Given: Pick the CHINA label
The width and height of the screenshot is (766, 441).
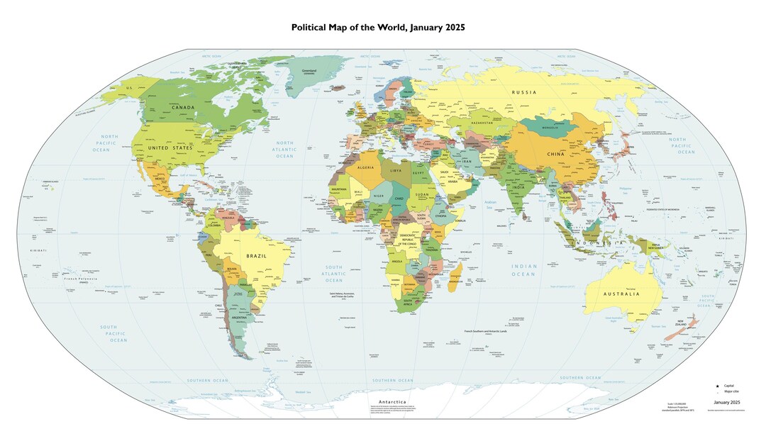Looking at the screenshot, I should (x=554, y=154).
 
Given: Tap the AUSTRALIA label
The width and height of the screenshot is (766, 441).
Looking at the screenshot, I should (x=621, y=294).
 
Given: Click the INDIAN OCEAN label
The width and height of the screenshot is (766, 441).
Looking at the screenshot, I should (x=523, y=269).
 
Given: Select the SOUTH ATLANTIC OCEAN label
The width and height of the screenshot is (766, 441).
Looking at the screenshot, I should (x=333, y=273).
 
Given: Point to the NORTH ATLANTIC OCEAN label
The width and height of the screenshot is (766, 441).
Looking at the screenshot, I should (x=284, y=149).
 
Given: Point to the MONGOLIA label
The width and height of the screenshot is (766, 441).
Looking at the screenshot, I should (x=550, y=128).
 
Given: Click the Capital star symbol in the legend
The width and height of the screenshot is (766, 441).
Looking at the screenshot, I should (x=717, y=385).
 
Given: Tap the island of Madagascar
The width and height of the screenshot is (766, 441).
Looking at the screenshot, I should (x=457, y=274).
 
